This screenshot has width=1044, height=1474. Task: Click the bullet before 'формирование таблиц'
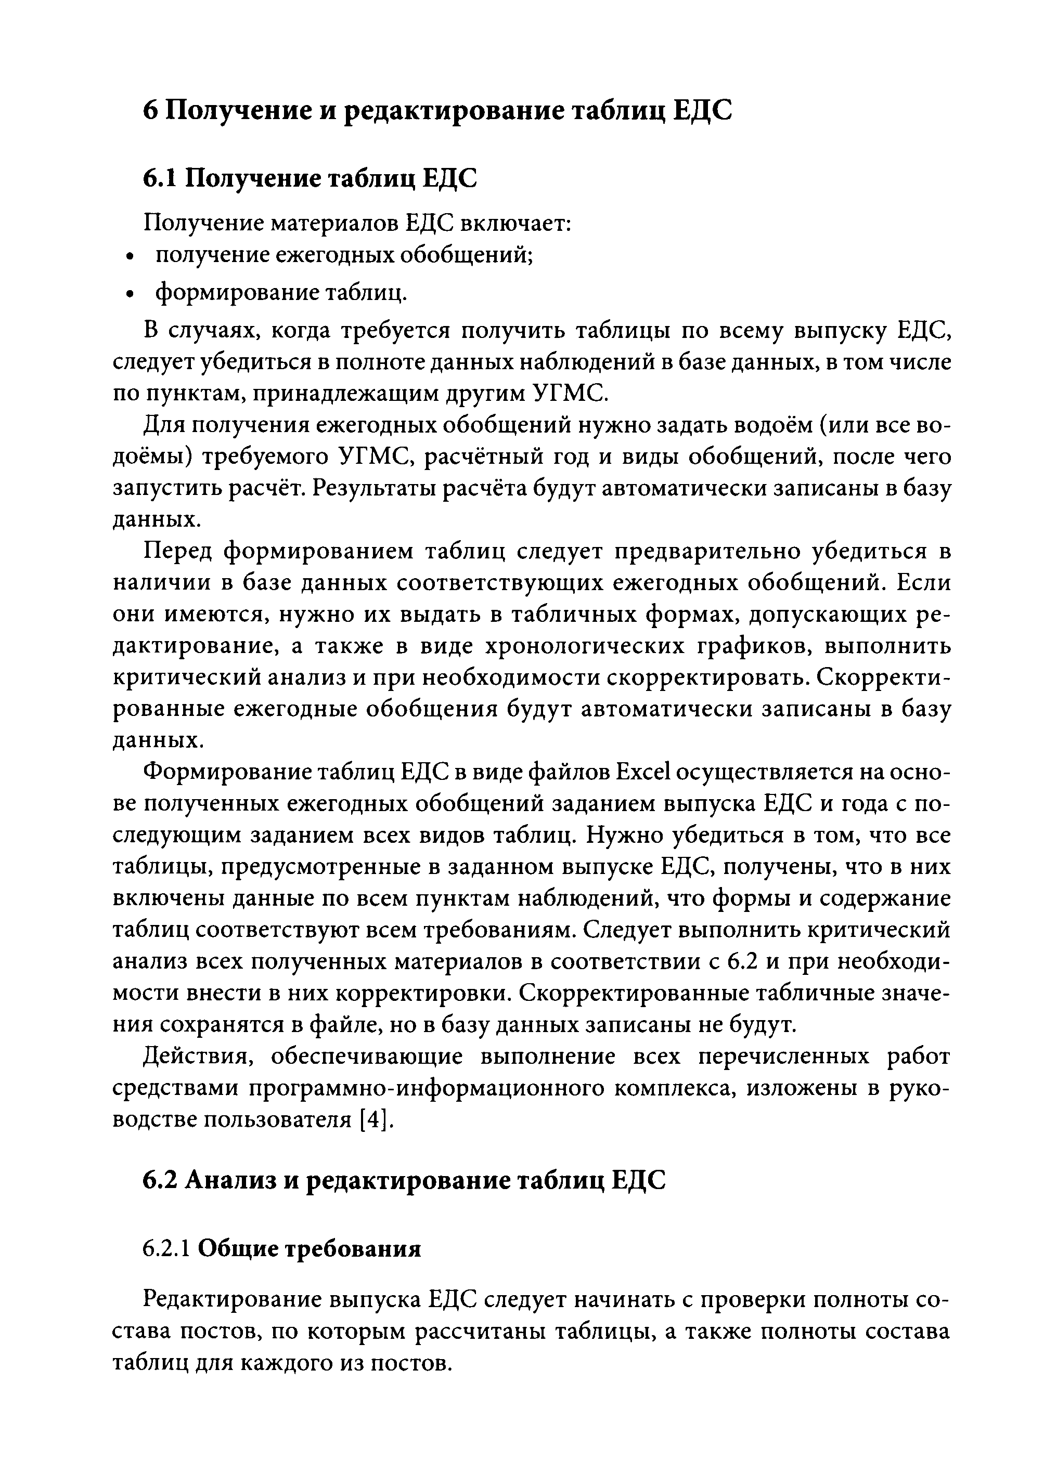130,295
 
